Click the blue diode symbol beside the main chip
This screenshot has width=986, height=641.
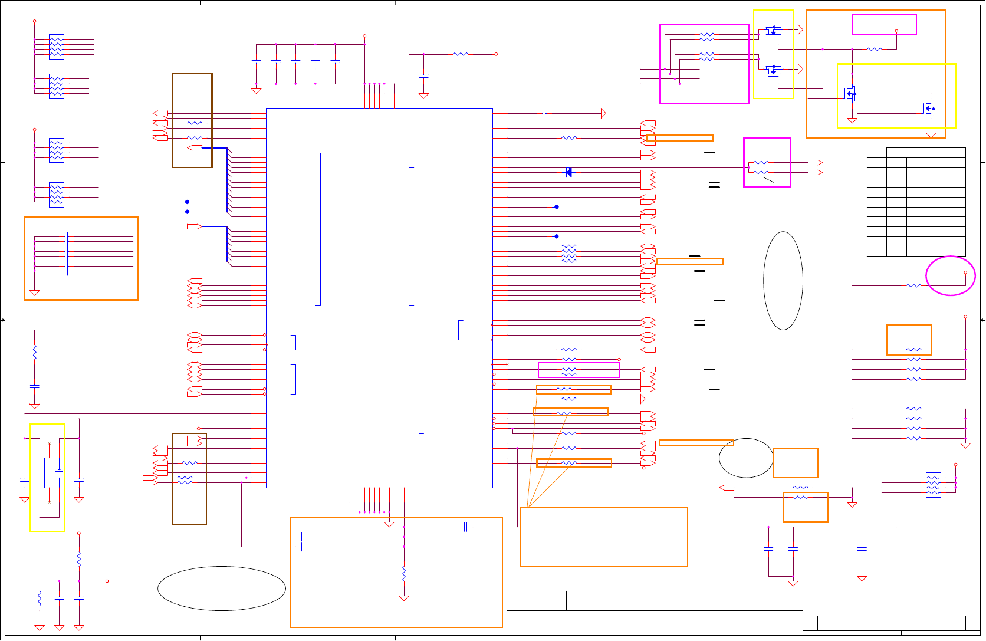(568, 172)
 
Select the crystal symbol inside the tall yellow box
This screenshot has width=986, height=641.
(58, 474)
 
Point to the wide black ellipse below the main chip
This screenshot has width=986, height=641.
(222, 589)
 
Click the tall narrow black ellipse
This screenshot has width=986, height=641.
(783, 281)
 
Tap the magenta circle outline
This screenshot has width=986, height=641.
(950, 275)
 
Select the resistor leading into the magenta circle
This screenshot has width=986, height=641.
(913, 285)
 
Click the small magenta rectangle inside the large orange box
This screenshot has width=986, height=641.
(884, 25)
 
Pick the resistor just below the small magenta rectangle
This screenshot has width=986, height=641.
(875, 49)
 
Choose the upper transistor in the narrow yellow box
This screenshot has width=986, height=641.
(773, 29)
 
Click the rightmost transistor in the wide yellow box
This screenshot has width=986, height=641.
(928, 108)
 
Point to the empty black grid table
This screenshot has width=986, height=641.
(916, 202)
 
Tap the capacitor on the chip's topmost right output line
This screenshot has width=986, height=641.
(544, 113)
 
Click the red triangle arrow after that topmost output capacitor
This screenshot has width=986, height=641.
(603, 113)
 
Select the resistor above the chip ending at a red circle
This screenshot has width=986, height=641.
(461, 54)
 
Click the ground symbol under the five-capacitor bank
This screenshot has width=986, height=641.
(256, 91)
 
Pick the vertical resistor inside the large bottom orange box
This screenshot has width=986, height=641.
(404, 573)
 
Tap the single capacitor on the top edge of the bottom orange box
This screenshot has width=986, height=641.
(465, 527)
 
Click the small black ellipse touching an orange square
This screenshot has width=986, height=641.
(746, 458)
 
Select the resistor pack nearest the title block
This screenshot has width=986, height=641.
(933, 485)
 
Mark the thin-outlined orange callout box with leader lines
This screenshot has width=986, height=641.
(603, 537)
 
